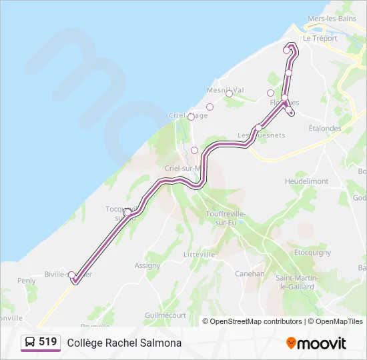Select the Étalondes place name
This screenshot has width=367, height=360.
(325, 129)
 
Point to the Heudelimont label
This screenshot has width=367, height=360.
(306, 181)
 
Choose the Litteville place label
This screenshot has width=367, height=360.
(199, 255)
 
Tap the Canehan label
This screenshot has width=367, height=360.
(250, 273)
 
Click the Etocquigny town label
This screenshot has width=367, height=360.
(313, 253)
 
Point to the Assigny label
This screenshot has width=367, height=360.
(147, 265)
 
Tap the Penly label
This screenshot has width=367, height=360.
(27, 281)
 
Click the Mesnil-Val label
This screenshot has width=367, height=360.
(225, 89)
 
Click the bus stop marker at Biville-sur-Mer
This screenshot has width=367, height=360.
(72, 275)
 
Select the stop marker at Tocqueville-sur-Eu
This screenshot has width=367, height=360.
(127, 212)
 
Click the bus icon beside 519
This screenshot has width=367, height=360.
(30, 342)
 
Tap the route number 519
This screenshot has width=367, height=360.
(47, 342)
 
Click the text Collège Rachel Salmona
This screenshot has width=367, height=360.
(124, 343)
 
